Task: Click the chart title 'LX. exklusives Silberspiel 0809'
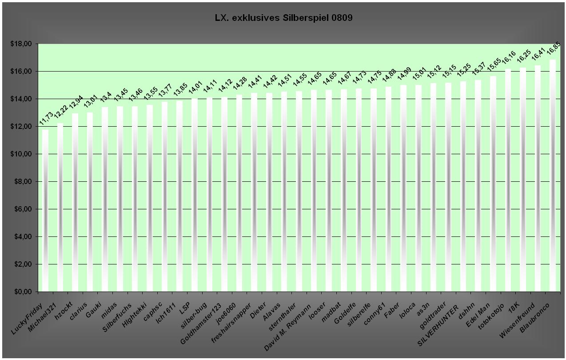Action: coord(283,18)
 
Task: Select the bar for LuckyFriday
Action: coord(45,211)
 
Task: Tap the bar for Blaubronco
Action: coord(553,176)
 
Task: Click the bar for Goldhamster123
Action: coord(224,194)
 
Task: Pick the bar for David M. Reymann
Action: coord(314,191)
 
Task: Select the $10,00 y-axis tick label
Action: coord(21,154)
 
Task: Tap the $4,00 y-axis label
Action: coord(23,236)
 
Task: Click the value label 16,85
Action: coord(554,48)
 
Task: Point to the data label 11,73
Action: coord(46,118)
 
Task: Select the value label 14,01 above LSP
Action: coord(195,87)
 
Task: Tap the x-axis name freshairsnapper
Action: coord(231,323)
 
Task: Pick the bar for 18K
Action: coord(523,180)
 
